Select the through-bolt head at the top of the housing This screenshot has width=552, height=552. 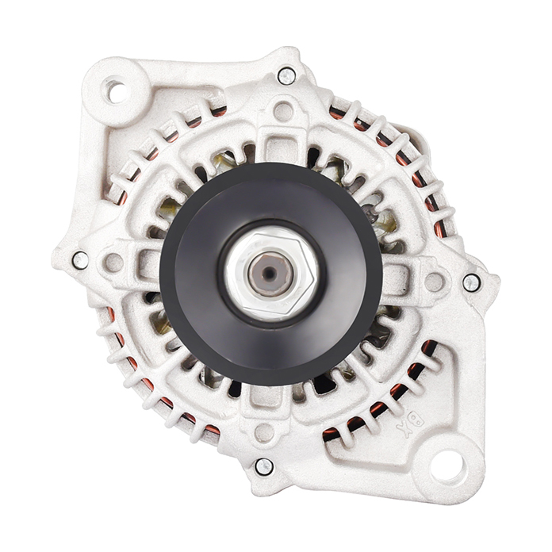286,76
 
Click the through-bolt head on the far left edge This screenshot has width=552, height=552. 80,259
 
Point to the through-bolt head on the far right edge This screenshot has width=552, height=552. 471,282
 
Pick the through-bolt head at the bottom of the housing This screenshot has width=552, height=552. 264,466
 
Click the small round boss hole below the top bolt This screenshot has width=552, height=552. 282,111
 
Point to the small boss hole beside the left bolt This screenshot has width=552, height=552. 114,263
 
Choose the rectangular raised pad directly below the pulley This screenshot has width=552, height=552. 263,397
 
